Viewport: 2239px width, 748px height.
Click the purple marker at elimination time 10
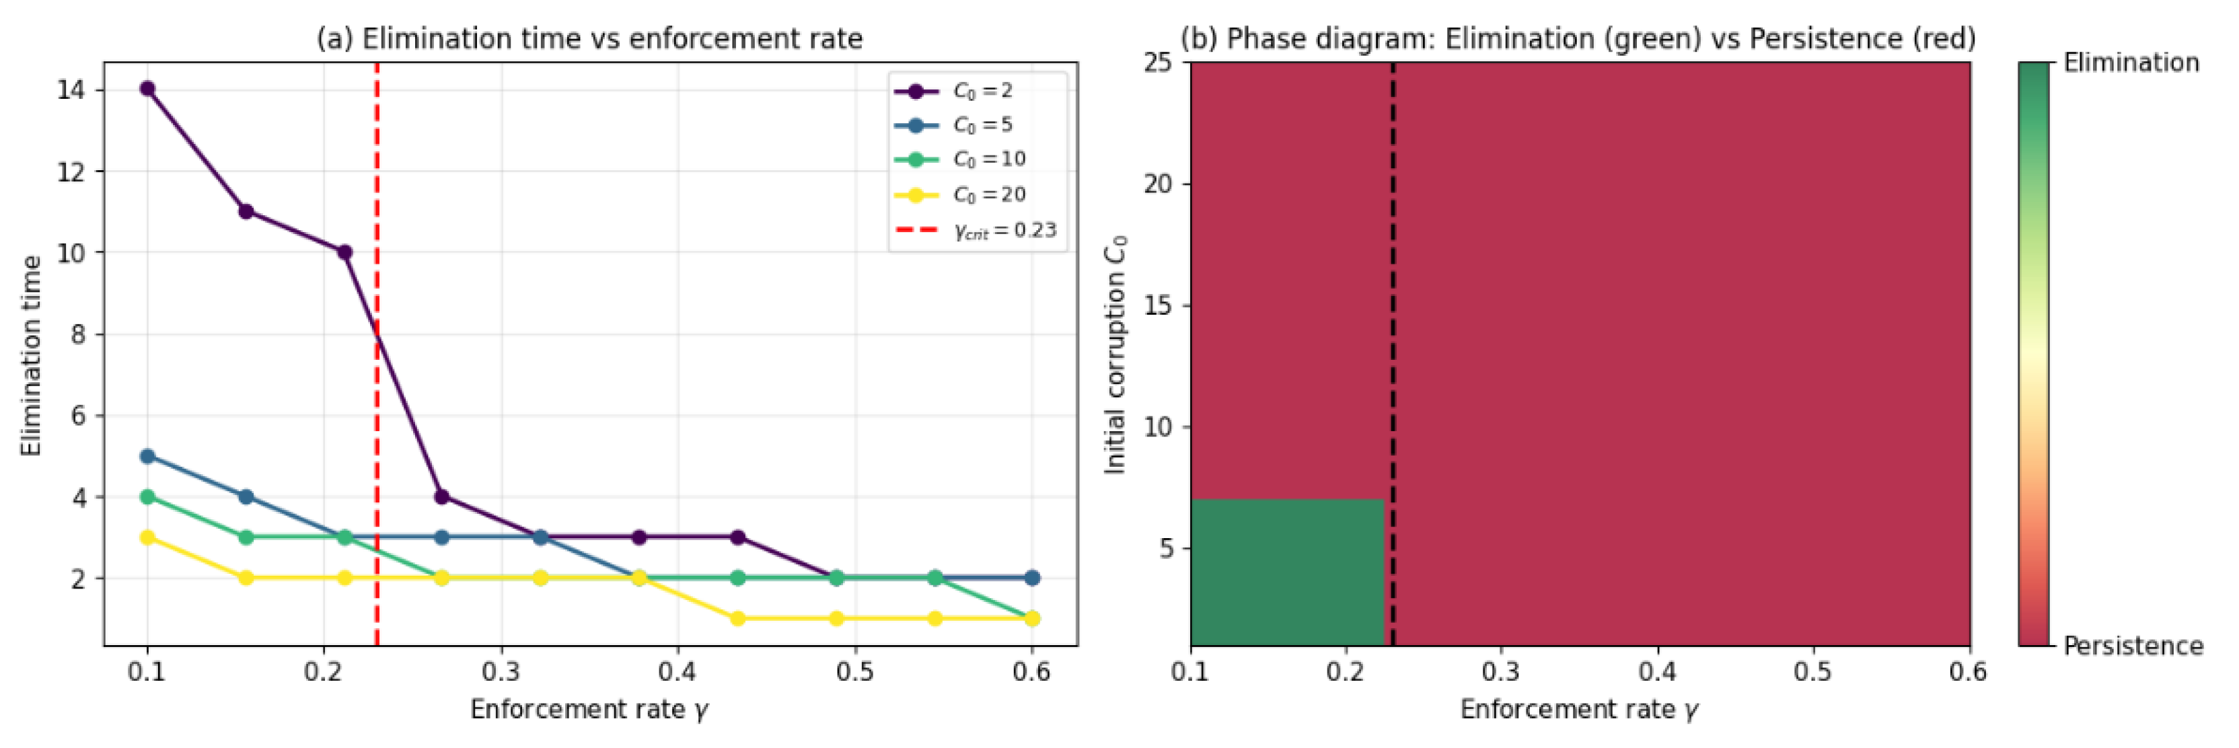[344, 252]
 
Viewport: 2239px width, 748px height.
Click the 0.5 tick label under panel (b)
[1813, 671]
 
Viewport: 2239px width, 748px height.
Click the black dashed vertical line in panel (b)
[1393, 348]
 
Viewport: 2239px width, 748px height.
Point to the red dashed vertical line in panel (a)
[376, 391]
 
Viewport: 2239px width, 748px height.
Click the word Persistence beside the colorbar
[2132, 646]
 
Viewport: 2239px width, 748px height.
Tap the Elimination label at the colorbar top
[2131, 63]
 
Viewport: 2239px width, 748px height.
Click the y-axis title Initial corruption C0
[1115, 354]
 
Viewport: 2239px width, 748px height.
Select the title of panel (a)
[589, 38]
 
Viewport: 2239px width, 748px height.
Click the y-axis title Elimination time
[32, 354]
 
